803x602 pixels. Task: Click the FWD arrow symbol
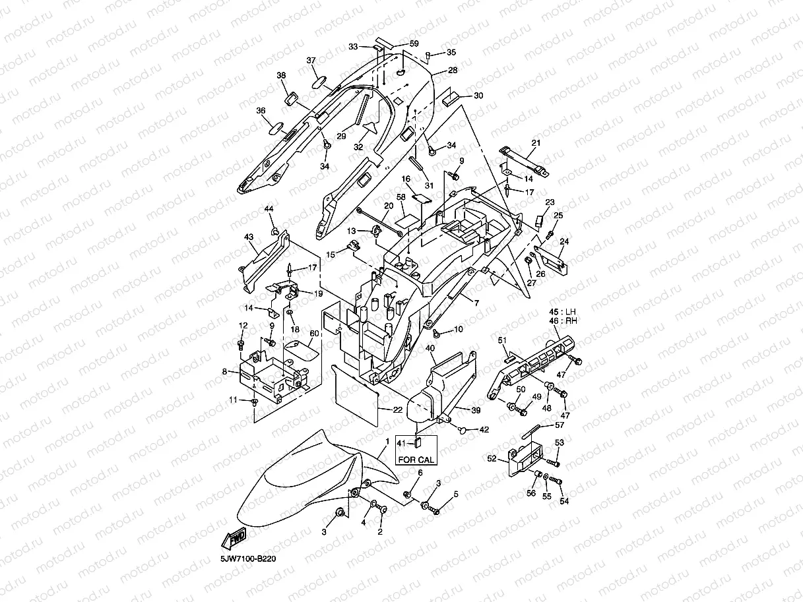(x=236, y=538)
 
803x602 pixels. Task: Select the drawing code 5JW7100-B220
(x=248, y=559)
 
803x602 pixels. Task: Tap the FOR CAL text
(x=416, y=459)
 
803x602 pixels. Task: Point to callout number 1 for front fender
(x=387, y=440)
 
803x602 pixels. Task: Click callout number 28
(x=453, y=70)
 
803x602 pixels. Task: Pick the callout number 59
(x=414, y=44)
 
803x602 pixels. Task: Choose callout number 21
(x=536, y=143)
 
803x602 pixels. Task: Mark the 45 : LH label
(x=563, y=311)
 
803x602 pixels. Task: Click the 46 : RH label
(x=563, y=321)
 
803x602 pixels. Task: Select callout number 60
(x=314, y=334)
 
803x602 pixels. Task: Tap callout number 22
(x=397, y=409)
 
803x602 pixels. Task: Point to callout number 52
(x=492, y=458)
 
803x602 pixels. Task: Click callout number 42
(x=484, y=430)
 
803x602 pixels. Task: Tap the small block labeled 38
(x=291, y=98)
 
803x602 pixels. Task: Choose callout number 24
(x=564, y=241)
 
